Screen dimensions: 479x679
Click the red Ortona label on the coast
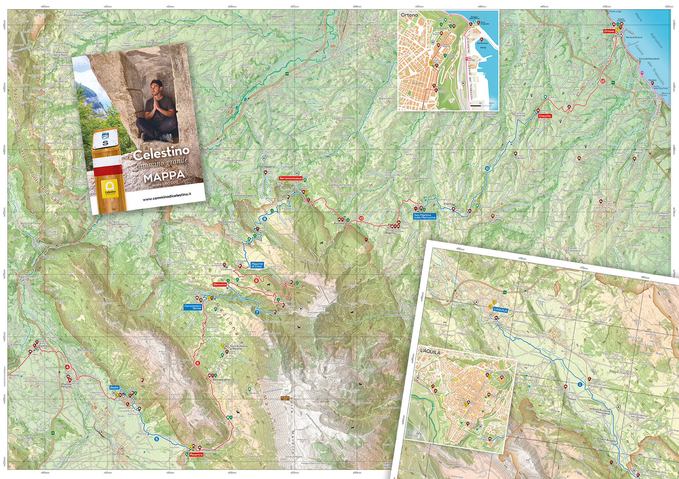click(609, 31)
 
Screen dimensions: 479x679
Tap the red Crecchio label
click(545, 116)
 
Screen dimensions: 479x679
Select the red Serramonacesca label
click(291, 178)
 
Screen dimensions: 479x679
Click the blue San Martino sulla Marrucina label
click(424, 216)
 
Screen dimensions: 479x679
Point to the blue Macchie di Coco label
click(257, 265)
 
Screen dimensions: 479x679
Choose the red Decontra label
click(220, 284)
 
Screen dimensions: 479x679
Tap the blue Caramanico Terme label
click(193, 307)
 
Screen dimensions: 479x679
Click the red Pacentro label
click(196, 455)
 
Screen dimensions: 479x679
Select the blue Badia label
click(114, 388)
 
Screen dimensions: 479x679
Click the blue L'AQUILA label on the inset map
click(500, 310)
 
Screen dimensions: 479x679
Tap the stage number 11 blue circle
click(487, 168)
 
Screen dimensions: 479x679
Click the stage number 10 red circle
click(361, 218)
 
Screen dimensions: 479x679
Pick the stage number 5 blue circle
click(156, 439)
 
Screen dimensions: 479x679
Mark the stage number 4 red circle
click(67, 367)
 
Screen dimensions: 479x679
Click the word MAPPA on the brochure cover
click(164, 176)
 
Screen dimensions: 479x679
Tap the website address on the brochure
click(167, 197)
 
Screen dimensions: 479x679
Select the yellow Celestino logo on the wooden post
click(110, 189)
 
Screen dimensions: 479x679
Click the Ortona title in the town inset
click(409, 15)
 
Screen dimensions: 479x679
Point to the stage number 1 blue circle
click(580, 384)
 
